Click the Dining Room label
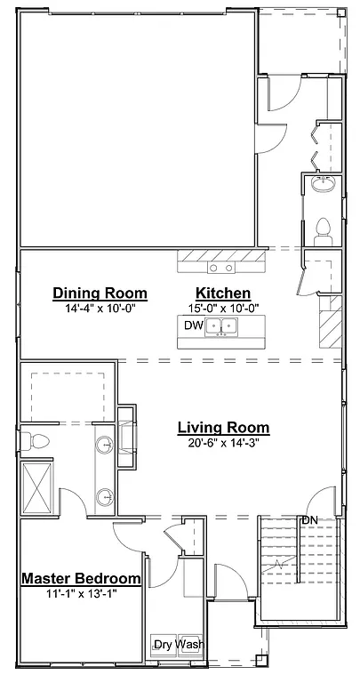[x=100, y=293]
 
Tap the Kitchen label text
[x=222, y=293]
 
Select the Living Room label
[x=223, y=428]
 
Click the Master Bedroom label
[x=81, y=578]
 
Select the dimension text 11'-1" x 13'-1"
[x=81, y=592]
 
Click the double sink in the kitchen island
[x=222, y=327]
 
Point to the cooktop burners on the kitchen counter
[x=221, y=267]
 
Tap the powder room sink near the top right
[x=321, y=185]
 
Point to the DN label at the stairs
[x=309, y=520]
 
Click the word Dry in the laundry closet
[x=163, y=645]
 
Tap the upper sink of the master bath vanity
[x=106, y=445]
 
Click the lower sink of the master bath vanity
[x=106, y=496]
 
